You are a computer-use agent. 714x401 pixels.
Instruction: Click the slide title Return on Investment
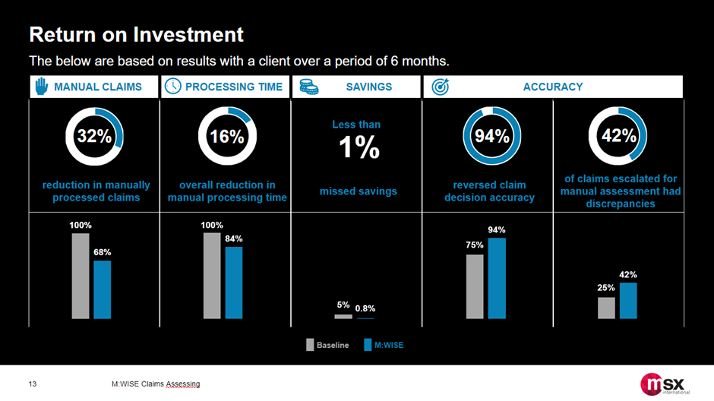pyautogui.click(x=136, y=34)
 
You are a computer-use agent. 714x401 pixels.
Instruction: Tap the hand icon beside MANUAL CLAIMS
pyautogui.click(x=41, y=87)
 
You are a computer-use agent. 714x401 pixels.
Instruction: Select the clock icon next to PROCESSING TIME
pyautogui.click(x=173, y=87)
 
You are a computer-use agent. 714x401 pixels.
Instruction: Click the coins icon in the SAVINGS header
pyautogui.click(x=308, y=87)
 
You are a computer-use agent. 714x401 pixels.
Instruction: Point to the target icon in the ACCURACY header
pyautogui.click(x=441, y=87)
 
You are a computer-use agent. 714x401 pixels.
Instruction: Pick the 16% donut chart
pyautogui.click(x=227, y=137)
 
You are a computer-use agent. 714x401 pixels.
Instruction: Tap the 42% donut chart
pyautogui.click(x=619, y=137)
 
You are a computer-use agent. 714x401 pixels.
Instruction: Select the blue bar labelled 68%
pyautogui.click(x=103, y=289)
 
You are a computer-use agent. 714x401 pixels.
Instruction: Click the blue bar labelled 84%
pyautogui.click(x=234, y=283)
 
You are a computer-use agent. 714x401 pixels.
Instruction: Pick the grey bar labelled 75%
pyautogui.click(x=475, y=286)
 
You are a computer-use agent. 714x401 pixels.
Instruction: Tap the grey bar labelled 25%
pyautogui.click(x=606, y=308)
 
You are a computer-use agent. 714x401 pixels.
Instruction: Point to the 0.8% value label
pyautogui.click(x=365, y=308)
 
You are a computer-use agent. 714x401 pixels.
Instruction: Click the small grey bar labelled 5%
pyautogui.click(x=343, y=316)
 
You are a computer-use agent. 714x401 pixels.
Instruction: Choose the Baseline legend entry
pyautogui.click(x=327, y=345)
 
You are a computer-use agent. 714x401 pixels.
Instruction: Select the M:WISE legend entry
pyautogui.click(x=386, y=345)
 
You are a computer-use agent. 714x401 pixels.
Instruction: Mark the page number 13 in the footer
pyautogui.click(x=33, y=384)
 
